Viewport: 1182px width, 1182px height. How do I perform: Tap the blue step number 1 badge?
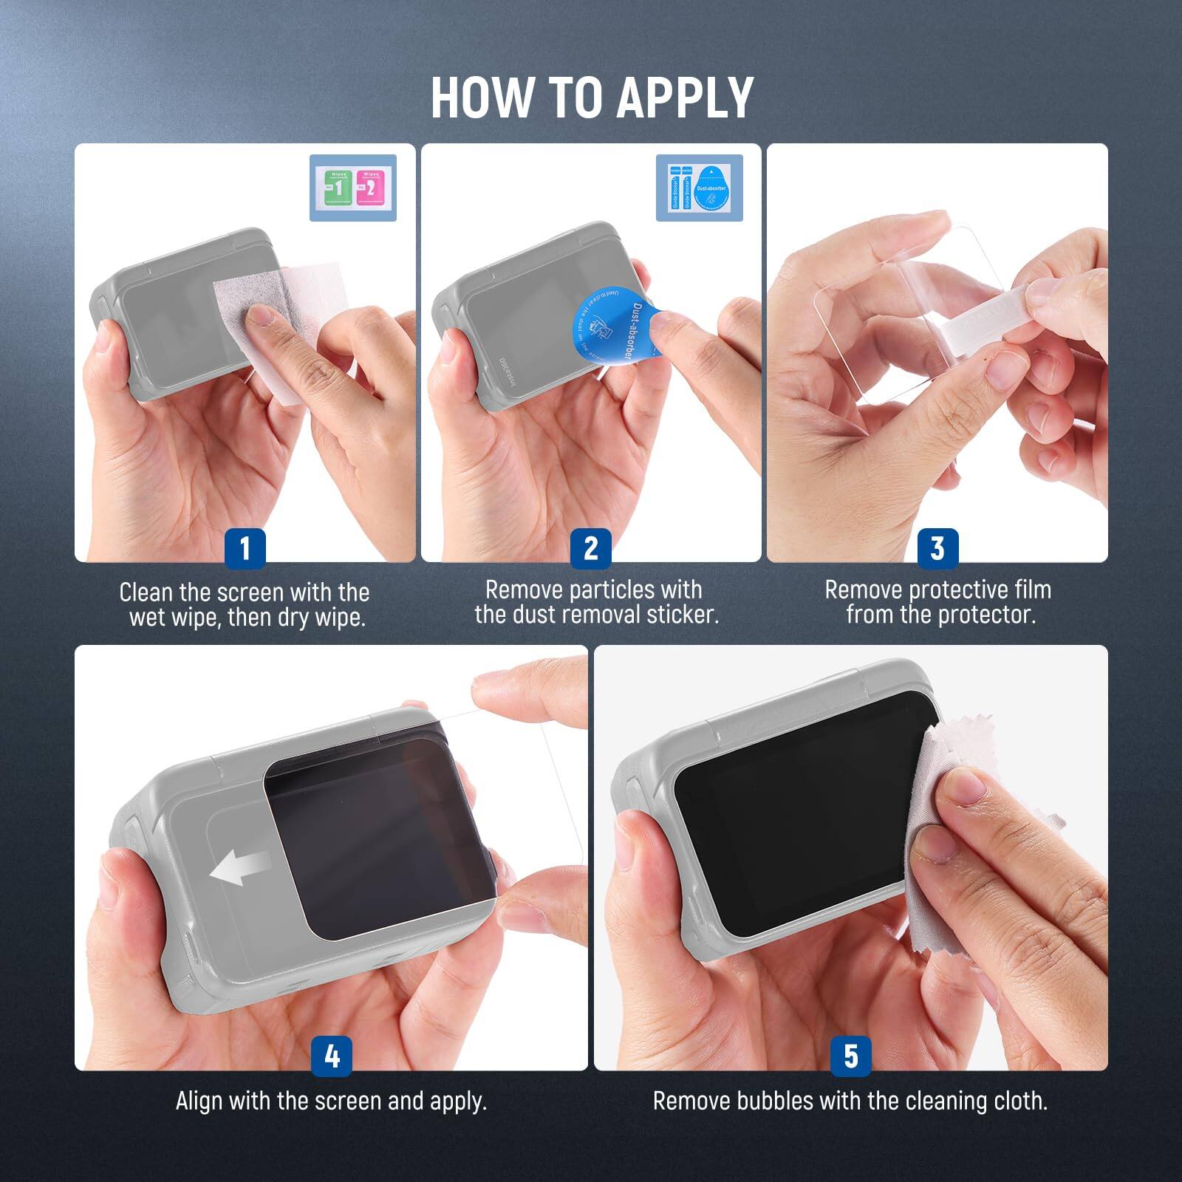point(245,548)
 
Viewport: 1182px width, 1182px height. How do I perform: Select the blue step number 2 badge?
point(590,548)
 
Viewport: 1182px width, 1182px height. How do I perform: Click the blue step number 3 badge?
point(937,548)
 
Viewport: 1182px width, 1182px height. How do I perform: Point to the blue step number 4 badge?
point(332,1056)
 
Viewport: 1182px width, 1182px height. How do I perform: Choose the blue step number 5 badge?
point(851,1056)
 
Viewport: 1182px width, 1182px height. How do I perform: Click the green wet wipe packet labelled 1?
point(338,188)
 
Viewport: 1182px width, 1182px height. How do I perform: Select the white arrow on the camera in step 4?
point(241,866)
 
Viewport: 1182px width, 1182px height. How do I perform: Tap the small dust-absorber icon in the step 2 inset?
point(711,189)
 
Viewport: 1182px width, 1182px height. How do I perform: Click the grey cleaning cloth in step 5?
point(960,835)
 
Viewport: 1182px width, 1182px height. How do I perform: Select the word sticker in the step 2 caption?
point(683,615)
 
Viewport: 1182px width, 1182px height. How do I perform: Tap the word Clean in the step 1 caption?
point(146,592)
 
